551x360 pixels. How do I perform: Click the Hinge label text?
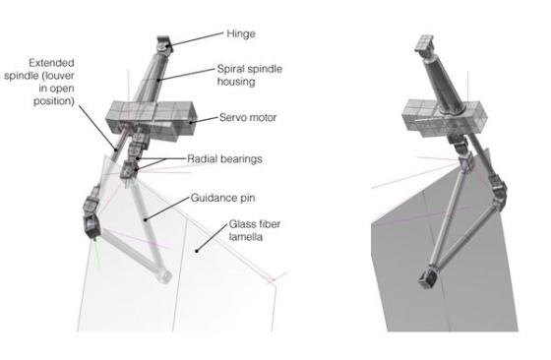pyautogui.click(x=241, y=34)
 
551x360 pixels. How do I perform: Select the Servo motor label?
pyautogui.click(x=248, y=117)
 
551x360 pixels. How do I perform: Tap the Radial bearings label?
pyautogui.click(x=224, y=158)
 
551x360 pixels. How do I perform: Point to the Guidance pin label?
pyautogui.click(x=222, y=198)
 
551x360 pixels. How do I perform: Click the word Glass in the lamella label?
pyautogui.click(x=242, y=224)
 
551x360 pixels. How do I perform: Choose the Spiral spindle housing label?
pyautogui.click(x=250, y=75)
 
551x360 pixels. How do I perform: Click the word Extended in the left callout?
pyautogui.click(x=51, y=63)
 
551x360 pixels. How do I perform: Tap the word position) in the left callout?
pyautogui.click(x=54, y=101)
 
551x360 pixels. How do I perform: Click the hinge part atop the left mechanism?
pyautogui.click(x=163, y=44)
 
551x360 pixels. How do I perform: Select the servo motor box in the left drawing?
pyautogui.click(x=151, y=121)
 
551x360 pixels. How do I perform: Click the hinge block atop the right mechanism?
pyautogui.click(x=425, y=43)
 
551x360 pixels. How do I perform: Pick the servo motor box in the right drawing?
pyautogui.click(x=445, y=118)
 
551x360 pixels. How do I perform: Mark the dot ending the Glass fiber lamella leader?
pyautogui.click(x=197, y=251)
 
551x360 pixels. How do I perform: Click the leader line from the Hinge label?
pyautogui.click(x=197, y=39)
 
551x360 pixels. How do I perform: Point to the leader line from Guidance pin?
pyautogui.click(x=167, y=209)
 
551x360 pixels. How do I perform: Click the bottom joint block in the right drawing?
pyautogui.click(x=428, y=277)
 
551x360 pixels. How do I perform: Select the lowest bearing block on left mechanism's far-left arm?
pyautogui.click(x=92, y=227)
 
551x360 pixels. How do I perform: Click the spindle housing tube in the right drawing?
pyautogui.click(x=444, y=85)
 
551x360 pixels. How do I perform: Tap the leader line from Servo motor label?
pyautogui.click(x=204, y=120)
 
